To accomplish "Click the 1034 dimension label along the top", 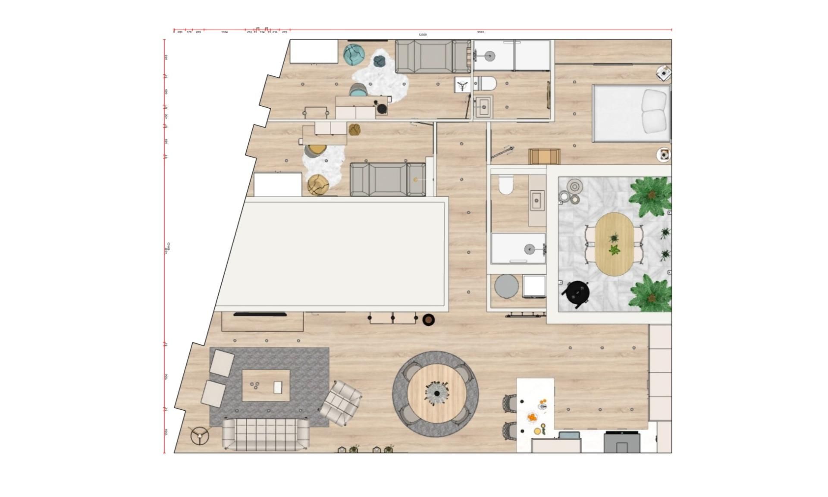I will [x=224, y=32].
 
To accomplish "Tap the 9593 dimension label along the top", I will [x=480, y=32].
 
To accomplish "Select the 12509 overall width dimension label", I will [x=423, y=35].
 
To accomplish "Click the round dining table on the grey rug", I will [x=436, y=393].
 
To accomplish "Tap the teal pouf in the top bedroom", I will [x=354, y=55].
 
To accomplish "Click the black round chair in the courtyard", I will [x=577, y=293].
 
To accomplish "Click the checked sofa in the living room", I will [x=266, y=434].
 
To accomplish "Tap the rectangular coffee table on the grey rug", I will [x=266, y=385].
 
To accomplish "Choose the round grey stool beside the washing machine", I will [x=507, y=286].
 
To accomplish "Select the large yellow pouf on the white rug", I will [x=318, y=185].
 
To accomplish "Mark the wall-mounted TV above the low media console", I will [x=260, y=315].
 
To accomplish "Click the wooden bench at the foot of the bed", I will [x=544, y=156].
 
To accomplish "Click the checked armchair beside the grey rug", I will [x=341, y=403].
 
